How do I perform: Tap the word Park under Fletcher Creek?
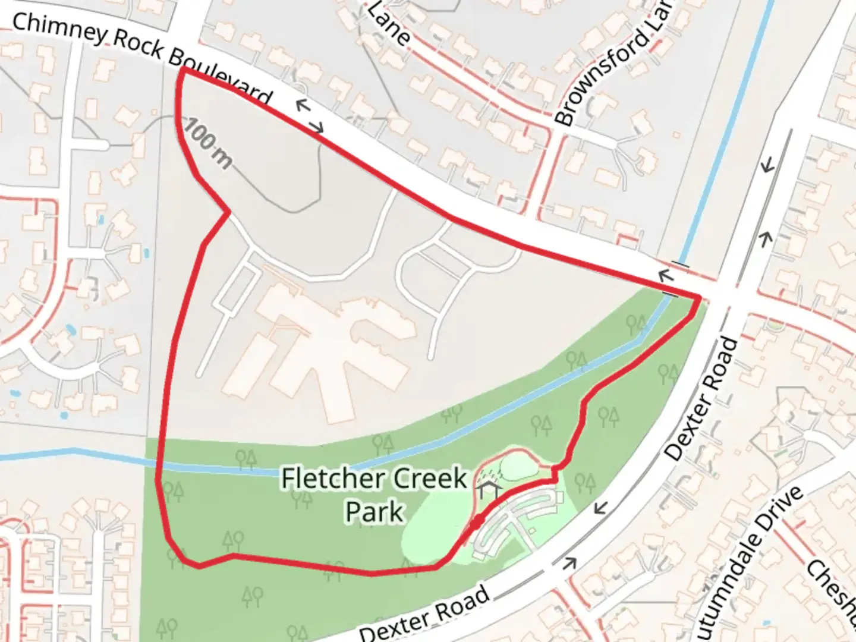click(x=374, y=511)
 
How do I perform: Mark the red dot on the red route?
click(x=477, y=523)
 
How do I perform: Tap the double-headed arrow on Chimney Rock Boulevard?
click(x=310, y=116)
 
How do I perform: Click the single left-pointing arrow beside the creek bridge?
click(x=665, y=275)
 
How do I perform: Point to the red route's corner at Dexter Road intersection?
click(x=699, y=297)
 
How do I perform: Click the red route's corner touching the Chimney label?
click(x=183, y=70)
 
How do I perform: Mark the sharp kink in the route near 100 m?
click(x=229, y=211)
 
